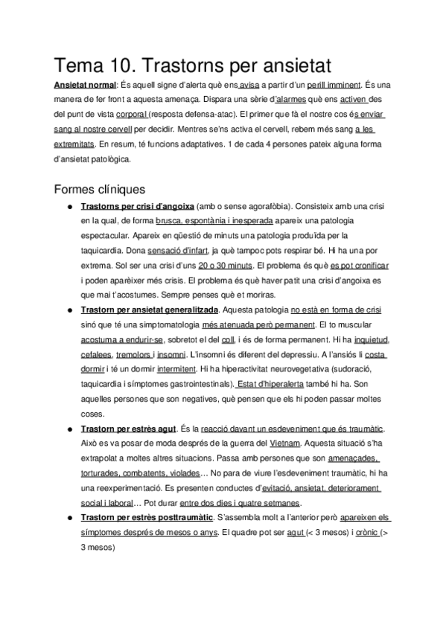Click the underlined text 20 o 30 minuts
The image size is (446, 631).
click(x=226, y=265)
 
